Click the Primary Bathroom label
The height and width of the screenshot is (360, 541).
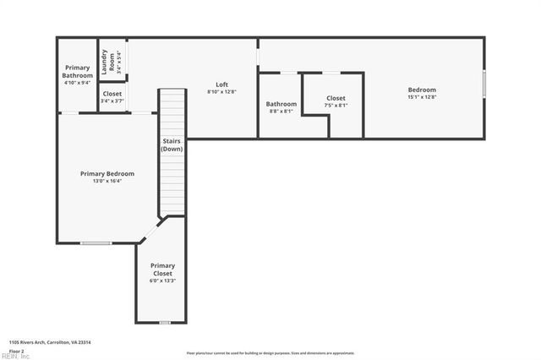(77, 71)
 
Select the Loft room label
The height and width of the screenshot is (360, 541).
(221, 85)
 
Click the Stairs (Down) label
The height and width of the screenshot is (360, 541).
(172, 145)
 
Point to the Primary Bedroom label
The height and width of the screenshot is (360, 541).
(107, 173)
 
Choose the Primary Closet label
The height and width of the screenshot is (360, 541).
(162, 270)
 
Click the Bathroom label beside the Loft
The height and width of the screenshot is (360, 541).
(281, 104)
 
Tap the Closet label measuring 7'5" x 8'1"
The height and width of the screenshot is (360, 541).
(336, 99)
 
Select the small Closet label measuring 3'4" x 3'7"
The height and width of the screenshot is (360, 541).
(112, 93)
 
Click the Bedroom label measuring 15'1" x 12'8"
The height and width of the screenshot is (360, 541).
(422, 90)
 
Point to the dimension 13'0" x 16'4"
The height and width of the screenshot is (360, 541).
(107, 181)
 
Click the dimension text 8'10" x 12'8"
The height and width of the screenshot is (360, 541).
(221, 91)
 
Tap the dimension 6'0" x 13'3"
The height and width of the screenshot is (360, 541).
(162, 281)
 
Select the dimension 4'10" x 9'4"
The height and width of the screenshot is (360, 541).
(77, 83)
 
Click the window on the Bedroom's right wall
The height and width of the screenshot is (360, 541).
(484, 85)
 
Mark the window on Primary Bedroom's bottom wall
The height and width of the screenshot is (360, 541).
(96, 243)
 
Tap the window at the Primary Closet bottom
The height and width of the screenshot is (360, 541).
(165, 322)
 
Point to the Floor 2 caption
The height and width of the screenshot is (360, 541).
(16, 350)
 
